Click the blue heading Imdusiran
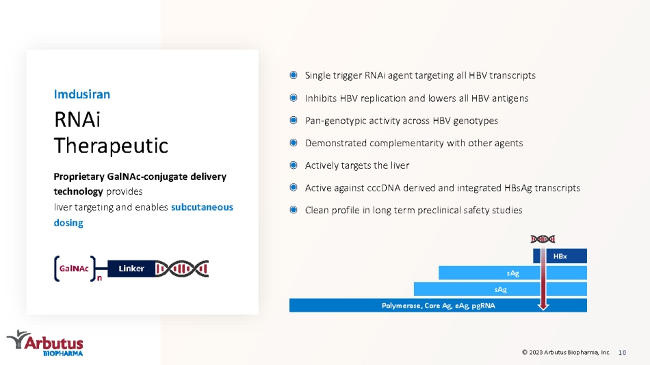coord(81,94)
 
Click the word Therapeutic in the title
coord(111,146)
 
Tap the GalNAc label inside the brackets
coord(74,269)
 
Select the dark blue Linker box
coord(131,269)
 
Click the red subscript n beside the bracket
coord(99,278)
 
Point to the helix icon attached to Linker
coord(182,269)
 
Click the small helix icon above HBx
coord(543,239)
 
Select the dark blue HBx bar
coord(560,256)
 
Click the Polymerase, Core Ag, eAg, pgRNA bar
coord(438,306)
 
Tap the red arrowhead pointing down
coord(543,307)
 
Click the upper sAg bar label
coord(512,273)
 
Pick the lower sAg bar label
coord(501,290)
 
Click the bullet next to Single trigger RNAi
coord(294,75)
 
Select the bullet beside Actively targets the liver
coord(294,165)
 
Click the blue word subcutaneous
coord(202,206)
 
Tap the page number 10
coord(622,353)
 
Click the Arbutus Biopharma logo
coord(44,343)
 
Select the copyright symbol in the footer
coord(525,352)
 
